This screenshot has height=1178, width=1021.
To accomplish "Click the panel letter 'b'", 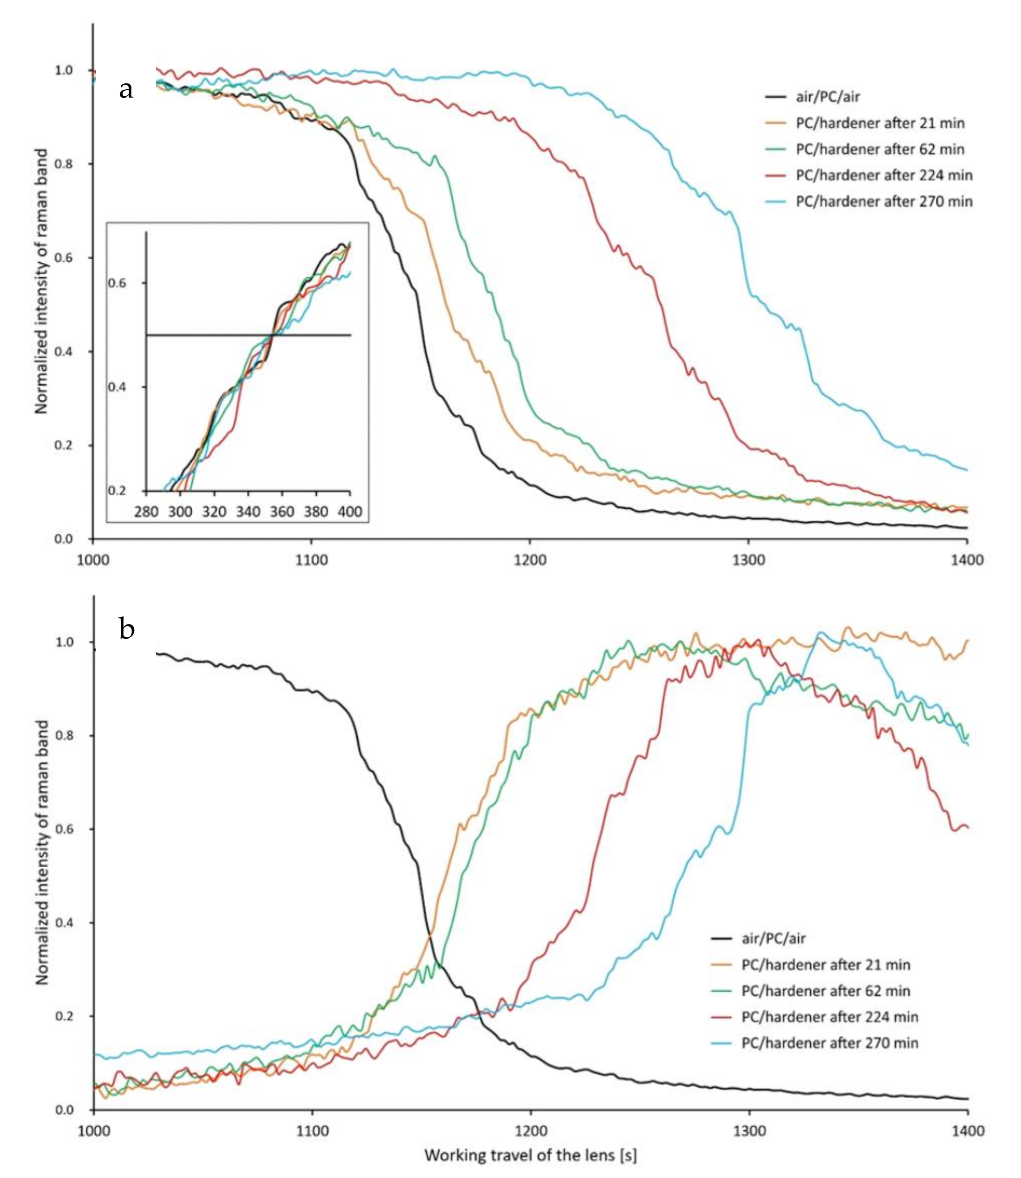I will point(127,628).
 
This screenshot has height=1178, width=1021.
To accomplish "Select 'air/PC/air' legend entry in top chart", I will point(827,96).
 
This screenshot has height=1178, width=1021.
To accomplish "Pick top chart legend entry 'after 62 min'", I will point(880,149).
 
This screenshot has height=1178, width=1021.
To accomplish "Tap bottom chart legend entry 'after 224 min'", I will point(830,1017).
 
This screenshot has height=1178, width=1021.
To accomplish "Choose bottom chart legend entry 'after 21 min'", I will point(825,964).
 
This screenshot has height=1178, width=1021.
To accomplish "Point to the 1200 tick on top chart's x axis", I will point(530,560).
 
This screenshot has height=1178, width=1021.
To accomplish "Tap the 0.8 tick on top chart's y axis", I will point(64,164).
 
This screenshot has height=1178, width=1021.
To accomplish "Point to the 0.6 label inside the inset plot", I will point(118,283).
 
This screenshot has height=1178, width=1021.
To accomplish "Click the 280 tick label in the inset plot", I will point(146,511).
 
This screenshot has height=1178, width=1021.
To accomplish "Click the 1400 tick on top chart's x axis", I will point(967,560).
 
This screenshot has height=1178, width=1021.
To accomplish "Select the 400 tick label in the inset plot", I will point(350,511).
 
